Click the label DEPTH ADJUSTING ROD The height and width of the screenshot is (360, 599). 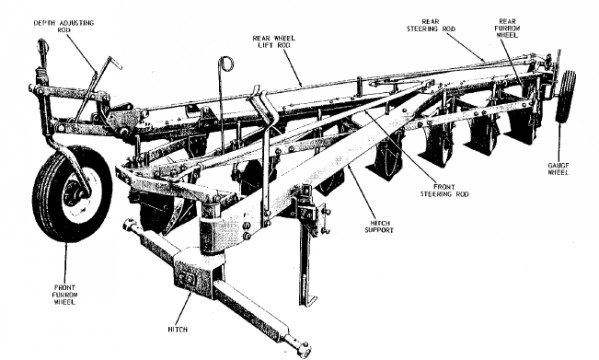[x=64, y=26]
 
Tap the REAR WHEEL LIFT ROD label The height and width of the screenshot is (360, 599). [x=274, y=42]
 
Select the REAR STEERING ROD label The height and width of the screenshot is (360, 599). [x=431, y=25]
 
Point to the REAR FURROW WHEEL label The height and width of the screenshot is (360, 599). [x=507, y=28]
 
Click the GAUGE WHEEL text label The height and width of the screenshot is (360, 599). [x=559, y=169]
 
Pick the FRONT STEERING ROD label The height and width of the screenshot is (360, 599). [x=444, y=190]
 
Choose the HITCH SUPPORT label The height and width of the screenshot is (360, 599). [x=379, y=227]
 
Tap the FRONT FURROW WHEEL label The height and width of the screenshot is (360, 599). [x=65, y=295]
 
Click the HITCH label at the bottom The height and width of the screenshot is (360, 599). [x=178, y=329]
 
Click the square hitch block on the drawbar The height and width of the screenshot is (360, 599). [x=195, y=272]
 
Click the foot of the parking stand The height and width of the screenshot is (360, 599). [x=309, y=299]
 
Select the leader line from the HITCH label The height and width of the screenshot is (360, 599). [x=184, y=309]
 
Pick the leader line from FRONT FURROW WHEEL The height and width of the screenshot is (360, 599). [x=65, y=263]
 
